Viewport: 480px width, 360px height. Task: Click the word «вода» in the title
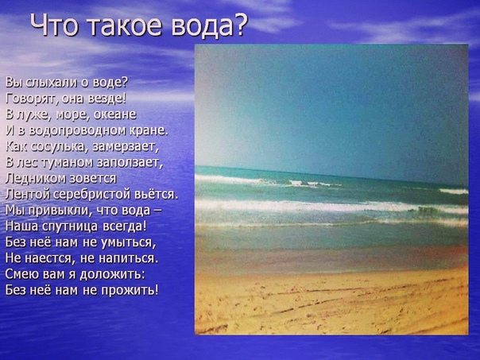click(x=201, y=25)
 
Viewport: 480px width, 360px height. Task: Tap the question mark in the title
click(x=239, y=25)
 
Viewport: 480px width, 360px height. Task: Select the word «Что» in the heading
click(x=54, y=25)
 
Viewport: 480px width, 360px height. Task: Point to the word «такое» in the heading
click(x=126, y=25)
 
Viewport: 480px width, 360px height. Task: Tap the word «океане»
click(x=114, y=114)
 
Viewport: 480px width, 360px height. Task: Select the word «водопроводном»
click(x=78, y=130)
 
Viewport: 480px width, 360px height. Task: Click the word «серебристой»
click(x=93, y=195)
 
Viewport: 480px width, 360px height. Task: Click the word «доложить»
click(x=112, y=274)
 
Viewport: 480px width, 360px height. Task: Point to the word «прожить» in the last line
click(x=130, y=290)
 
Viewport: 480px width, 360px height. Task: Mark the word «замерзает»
click(x=126, y=147)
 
